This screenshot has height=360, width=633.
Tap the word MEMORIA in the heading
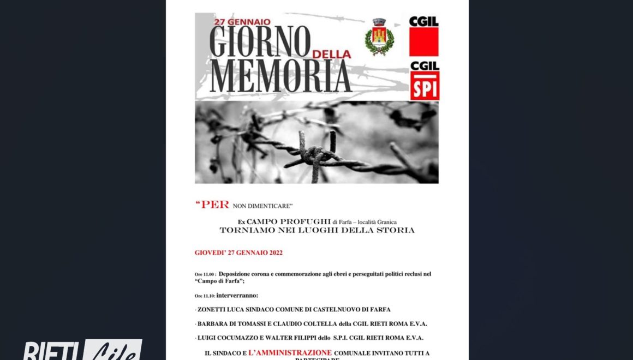(x=280, y=76)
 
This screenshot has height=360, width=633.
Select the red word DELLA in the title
(x=331, y=55)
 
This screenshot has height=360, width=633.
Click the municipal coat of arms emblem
(x=379, y=37)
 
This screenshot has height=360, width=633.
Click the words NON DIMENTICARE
(x=263, y=206)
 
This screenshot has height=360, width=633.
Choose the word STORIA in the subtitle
(x=396, y=230)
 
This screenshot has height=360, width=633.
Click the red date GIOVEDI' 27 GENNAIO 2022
(x=238, y=253)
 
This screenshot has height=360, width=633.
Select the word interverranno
(x=237, y=295)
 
